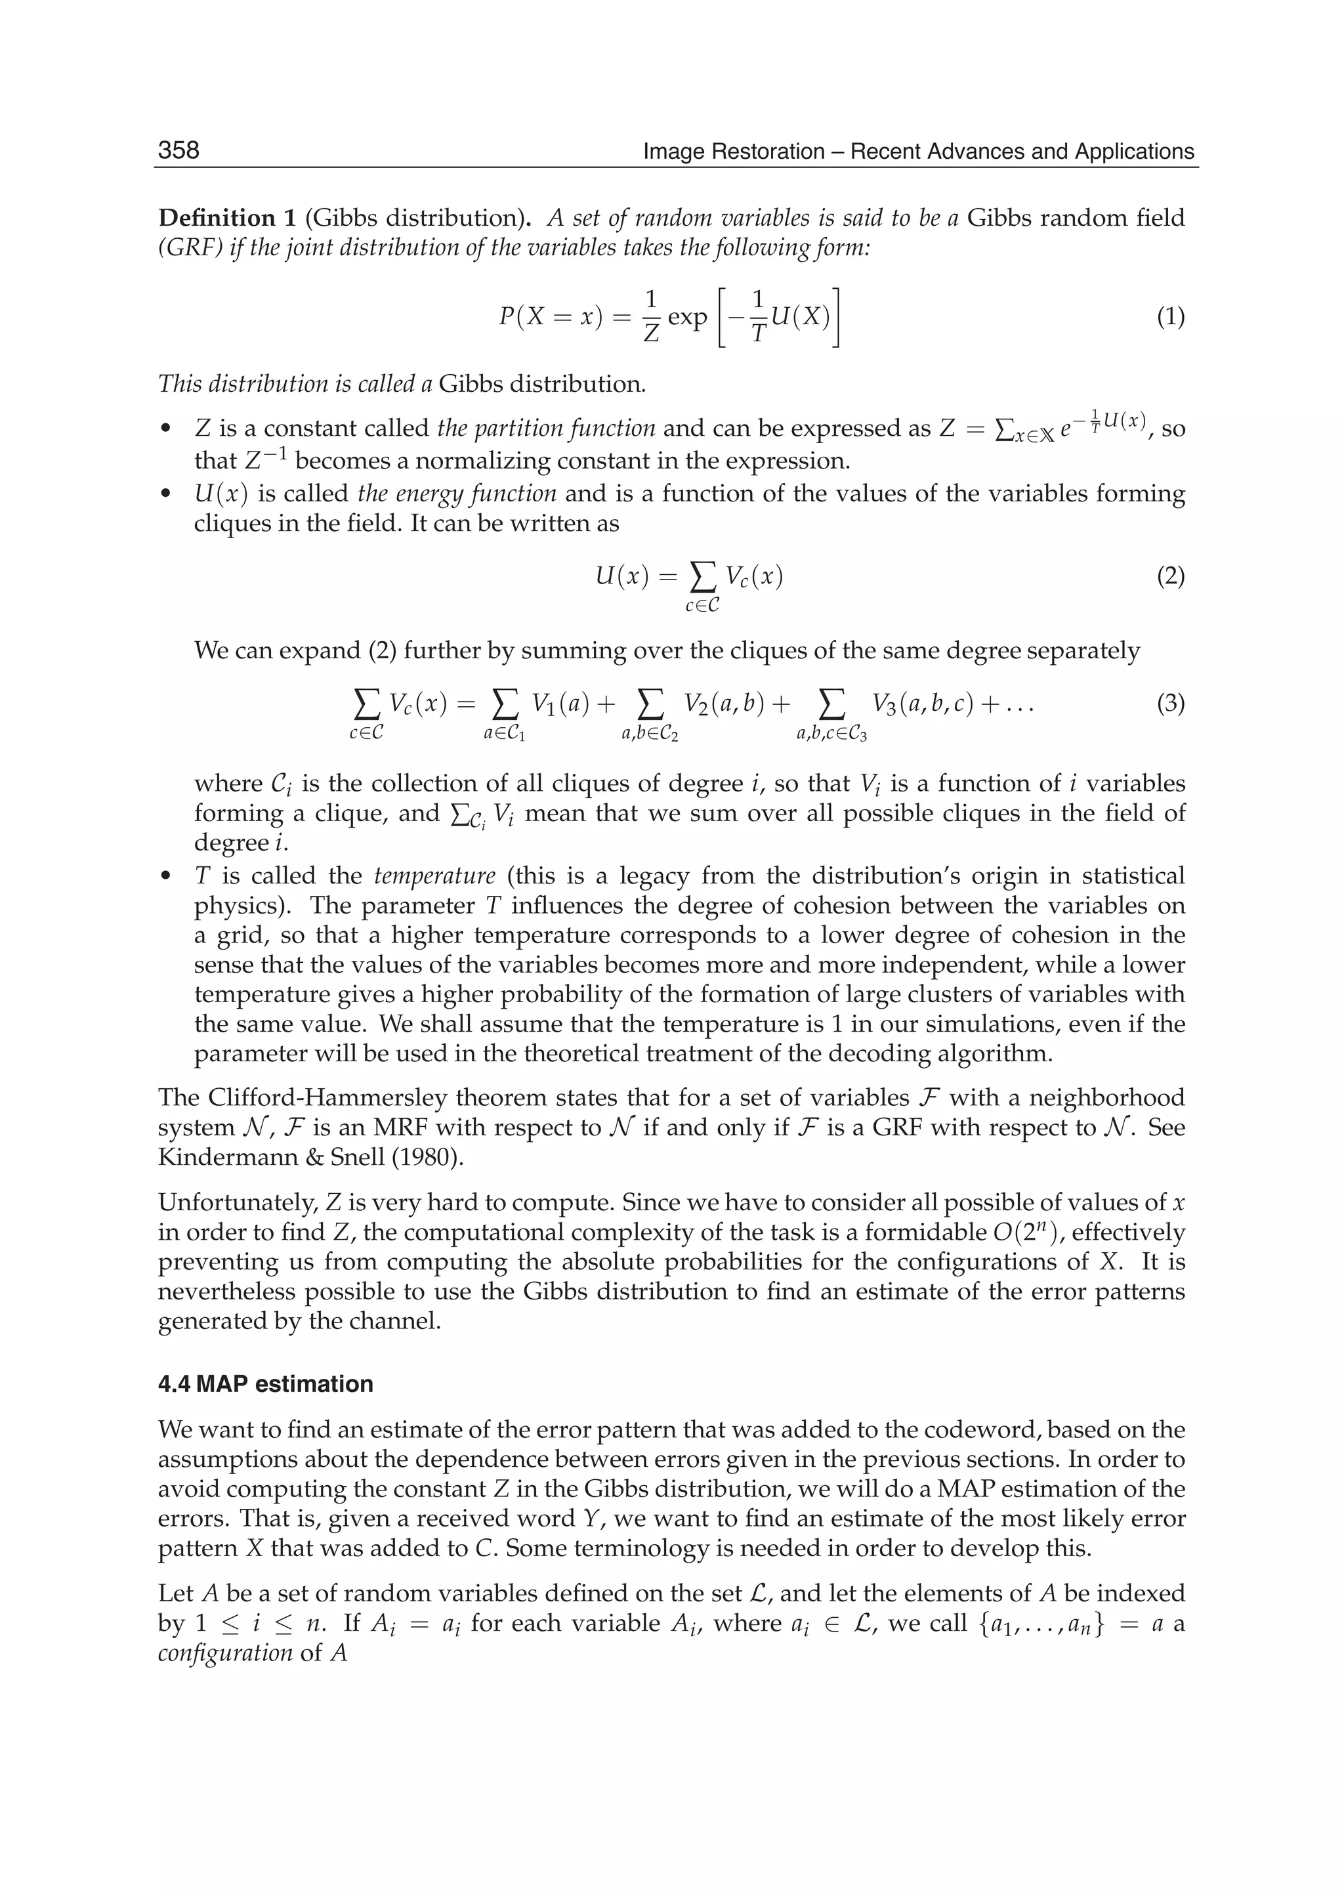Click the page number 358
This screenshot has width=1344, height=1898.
(x=178, y=150)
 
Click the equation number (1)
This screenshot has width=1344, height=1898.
(x=1170, y=317)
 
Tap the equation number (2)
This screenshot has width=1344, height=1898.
(x=1170, y=576)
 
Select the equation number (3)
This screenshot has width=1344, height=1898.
(x=1170, y=704)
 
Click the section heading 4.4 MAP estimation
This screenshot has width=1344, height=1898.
(x=265, y=1384)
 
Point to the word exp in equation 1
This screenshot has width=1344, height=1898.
(x=687, y=318)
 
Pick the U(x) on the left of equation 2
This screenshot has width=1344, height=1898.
(x=621, y=576)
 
